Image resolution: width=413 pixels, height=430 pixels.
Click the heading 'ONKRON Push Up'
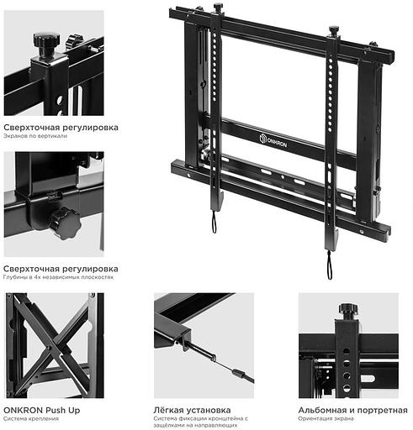pyautogui.click(x=42, y=410)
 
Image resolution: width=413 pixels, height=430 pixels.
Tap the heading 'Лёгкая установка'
pyautogui.click(x=193, y=410)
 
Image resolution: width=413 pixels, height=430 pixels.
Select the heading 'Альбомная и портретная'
pyautogui.click(x=352, y=410)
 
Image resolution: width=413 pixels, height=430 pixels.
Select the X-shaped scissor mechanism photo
pyautogui.click(x=52, y=344)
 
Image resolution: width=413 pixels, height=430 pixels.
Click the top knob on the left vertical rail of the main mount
pyautogui.click(x=218, y=8)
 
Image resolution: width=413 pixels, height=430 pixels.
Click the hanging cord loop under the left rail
pyautogui.click(x=214, y=222)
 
